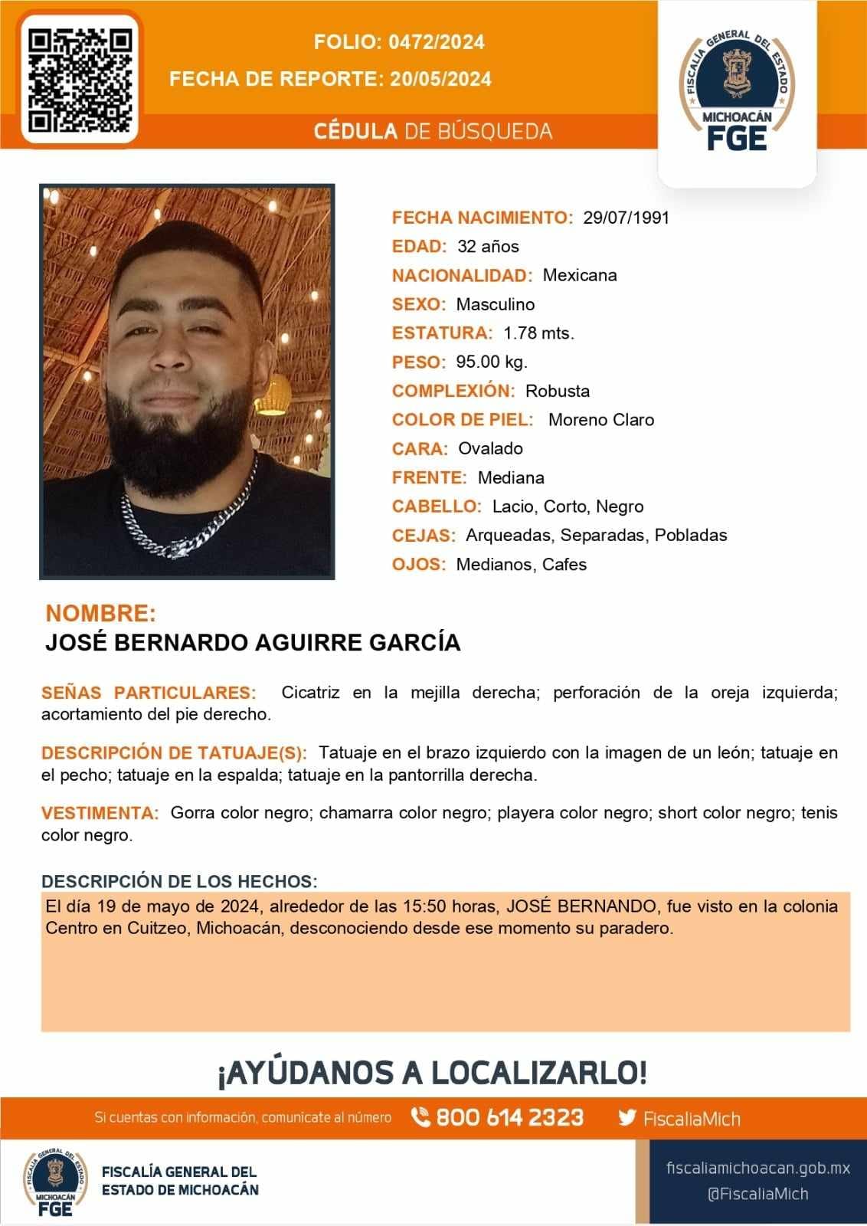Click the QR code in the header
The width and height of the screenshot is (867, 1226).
coord(80,79)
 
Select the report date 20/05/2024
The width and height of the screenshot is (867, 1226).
coord(440,79)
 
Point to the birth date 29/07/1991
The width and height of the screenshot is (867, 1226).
coord(626,218)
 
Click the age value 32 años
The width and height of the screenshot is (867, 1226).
coord(488,247)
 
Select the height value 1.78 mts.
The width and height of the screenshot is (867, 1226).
coord(538,333)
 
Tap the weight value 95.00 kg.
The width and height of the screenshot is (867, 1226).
coord(492,362)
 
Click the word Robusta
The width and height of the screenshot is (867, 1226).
coord(558,391)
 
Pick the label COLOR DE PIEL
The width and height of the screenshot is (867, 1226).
coord(462,420)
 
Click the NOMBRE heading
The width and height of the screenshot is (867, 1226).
coord(100,613)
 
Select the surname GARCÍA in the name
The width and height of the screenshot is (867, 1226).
coord(415,642)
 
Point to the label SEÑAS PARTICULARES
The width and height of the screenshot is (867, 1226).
coord(149,693)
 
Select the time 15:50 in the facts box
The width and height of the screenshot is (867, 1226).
coord(424,906)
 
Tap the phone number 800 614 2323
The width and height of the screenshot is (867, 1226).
coord(509,1118)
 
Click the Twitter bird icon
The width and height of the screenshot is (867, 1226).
coord(627,1118)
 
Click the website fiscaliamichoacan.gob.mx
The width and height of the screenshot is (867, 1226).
coord(758,1169)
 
